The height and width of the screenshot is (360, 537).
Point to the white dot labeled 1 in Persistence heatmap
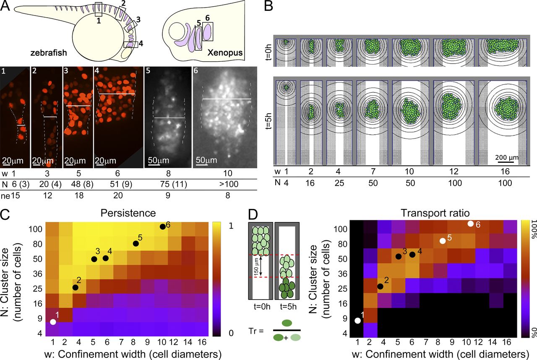(x=53, y=322)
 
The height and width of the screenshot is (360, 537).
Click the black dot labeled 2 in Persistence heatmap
(x=76, y=287)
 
